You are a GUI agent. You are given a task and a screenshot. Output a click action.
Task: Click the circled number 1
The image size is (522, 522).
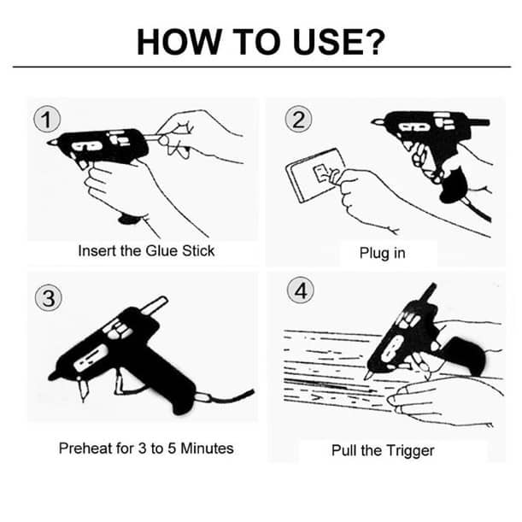pos(47,120)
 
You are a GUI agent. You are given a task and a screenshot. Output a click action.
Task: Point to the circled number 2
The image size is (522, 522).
pos(298,120)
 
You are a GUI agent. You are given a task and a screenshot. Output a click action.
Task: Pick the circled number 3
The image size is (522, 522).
pos(49,297)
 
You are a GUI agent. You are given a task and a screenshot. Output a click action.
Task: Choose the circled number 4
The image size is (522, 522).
pos(300,290)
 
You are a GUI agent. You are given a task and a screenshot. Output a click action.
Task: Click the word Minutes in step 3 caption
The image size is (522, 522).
pos(207,448)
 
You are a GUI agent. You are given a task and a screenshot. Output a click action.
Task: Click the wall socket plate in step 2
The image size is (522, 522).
pos(314,175)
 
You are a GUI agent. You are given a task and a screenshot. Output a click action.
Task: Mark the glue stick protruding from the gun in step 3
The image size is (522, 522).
pos(154,305)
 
